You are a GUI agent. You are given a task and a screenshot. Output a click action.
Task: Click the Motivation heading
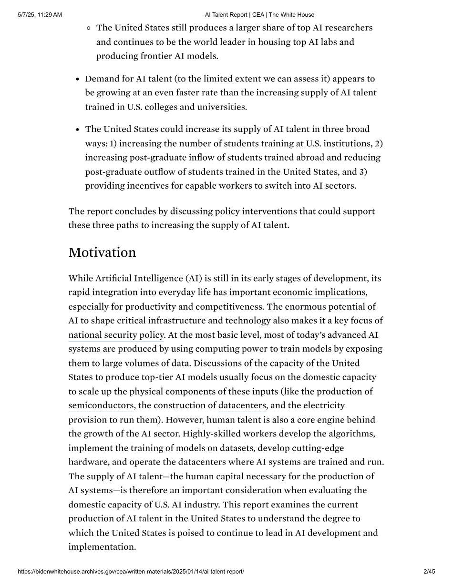pos(102,253)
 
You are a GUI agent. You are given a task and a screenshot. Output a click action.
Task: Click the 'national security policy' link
pos(116,335)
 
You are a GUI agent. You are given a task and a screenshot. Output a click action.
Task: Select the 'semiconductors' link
pos(101,405)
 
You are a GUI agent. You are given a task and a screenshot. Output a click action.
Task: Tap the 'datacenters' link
pos(242,405)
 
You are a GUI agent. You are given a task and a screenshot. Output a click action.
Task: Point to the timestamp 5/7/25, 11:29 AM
pos(40,15)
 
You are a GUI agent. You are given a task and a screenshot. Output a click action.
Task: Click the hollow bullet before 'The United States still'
pos(89,28)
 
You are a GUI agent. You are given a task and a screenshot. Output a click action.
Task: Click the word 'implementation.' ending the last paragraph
pos(102,546)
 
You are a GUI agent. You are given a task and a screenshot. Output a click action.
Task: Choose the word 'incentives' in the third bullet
pos(148,185)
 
